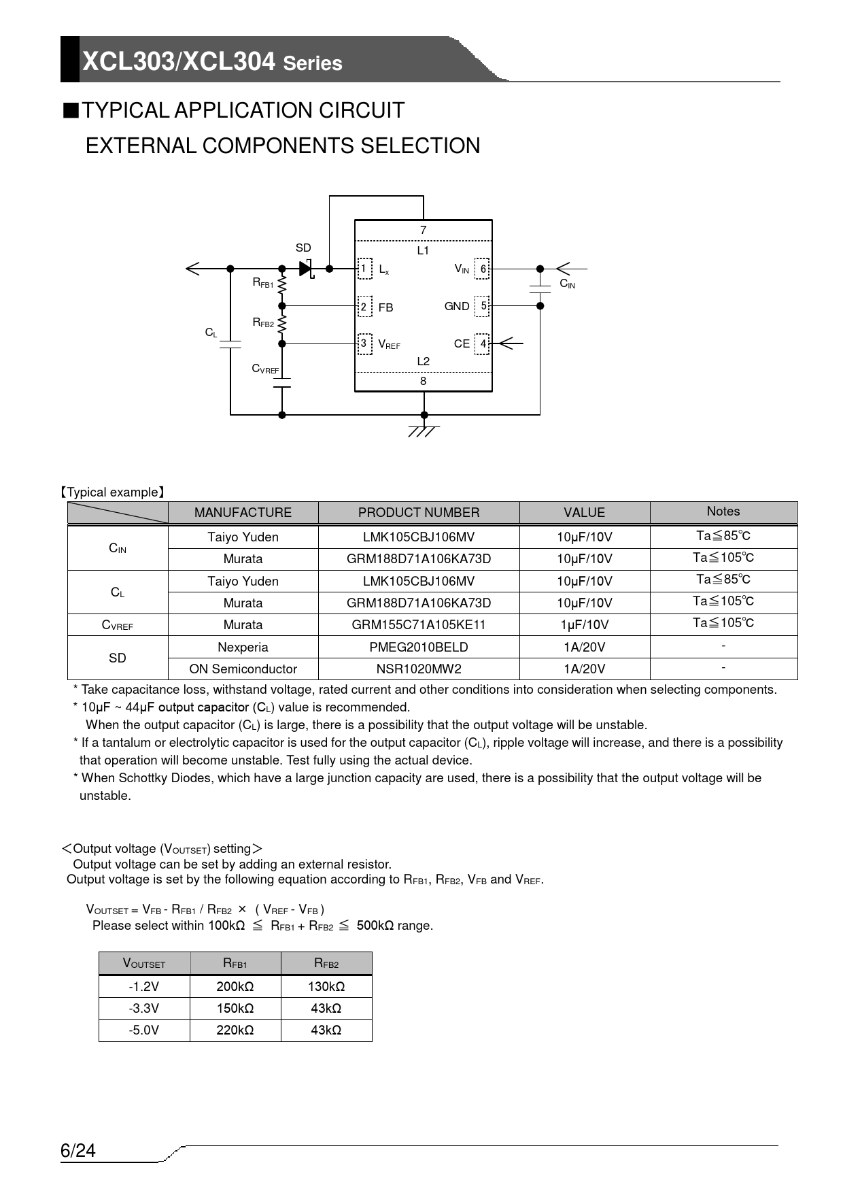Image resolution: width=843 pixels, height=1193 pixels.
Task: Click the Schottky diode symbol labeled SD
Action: coord(305,269)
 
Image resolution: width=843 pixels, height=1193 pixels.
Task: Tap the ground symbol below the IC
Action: coord(424,430)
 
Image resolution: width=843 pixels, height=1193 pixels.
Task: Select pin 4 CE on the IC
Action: coord(482,343)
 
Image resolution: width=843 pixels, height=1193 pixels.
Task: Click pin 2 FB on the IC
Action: coord(364,307)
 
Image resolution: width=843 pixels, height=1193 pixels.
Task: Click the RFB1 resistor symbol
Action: coord(282,286)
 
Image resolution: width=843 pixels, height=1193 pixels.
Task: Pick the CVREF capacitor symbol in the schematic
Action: coord(282,383)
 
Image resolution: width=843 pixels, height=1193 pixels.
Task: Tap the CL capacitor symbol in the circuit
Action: coord(230,343)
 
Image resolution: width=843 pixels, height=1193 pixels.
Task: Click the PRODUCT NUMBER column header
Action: coord(418,513)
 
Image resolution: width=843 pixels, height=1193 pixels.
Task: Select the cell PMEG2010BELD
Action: coord(418,647)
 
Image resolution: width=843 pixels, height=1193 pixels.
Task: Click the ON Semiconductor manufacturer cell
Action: coord(243,669)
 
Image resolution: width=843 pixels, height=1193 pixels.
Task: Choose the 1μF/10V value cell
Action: coord(584,624)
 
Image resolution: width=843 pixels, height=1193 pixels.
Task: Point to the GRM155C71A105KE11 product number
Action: coord(418,624)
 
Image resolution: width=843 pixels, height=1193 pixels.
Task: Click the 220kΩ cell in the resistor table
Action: coord(235,1030)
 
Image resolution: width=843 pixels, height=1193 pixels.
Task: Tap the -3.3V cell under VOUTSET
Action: coord(144,1008)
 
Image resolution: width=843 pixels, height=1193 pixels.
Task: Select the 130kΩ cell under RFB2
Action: coord(326,986)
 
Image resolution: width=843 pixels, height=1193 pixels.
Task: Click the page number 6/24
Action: coord(78,1151)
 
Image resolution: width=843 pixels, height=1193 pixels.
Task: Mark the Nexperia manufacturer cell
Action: coord(243,647)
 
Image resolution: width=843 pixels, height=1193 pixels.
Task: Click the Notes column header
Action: coord(723,511)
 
